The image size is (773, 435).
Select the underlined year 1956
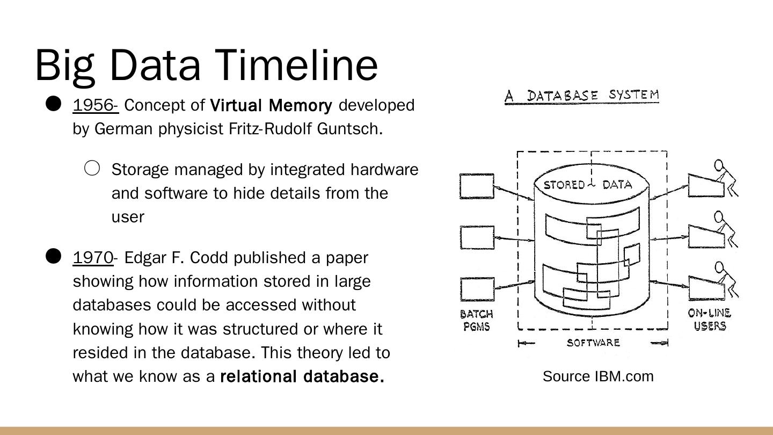click(x=94, y=105)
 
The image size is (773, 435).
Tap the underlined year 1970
click(x=93, y=258)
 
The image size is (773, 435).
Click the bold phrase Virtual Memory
click(x=271, y=105)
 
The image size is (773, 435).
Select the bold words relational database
click(x=302, y=376)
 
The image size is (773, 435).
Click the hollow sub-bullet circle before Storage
click(x=92, y=169)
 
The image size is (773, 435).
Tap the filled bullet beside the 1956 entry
click(x=53, y=104)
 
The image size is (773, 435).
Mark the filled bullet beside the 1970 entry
click(x=53, y=257)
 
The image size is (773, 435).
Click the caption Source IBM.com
click(x=598, y=376)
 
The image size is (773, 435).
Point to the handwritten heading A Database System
click(x=582, y=96)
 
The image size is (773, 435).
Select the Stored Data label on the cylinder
click(x=588, y=185)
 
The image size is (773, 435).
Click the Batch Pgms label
click(x=477, y=320)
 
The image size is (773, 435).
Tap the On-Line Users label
click(x=709, y=320)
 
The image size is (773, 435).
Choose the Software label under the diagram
click(x=593, y=343)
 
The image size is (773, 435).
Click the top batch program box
click(x=477, y=186)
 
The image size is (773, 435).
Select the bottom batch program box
click(x=477, y=289)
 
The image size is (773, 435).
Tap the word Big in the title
click(x=65, y=64)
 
